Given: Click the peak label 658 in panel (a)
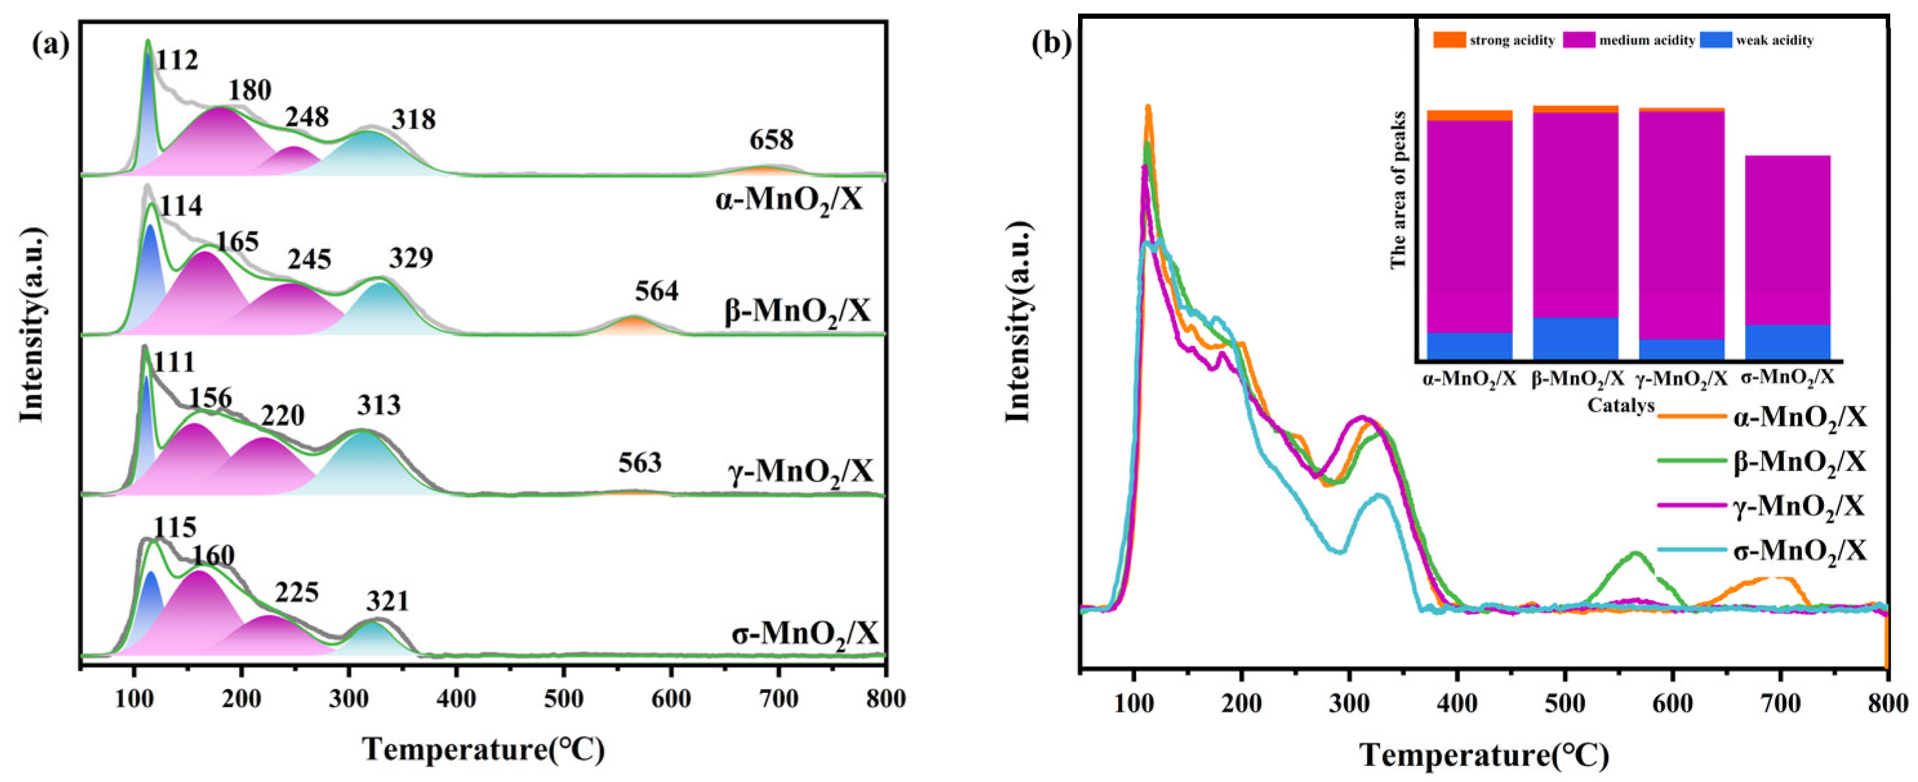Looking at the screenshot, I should coord(772,139).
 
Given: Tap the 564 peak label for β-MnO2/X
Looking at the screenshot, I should coord(657,291).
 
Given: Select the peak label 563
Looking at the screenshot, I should coord(639,463).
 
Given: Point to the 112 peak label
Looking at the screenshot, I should coord(177,59).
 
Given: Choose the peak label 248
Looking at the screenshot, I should coord(306,116).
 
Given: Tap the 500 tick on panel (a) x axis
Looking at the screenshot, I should coord(564,699).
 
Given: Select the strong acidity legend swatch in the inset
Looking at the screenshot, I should coord(1449,40).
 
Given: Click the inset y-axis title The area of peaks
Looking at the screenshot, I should coord(1397,190).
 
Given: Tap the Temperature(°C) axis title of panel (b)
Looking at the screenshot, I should coord(1484,754).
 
